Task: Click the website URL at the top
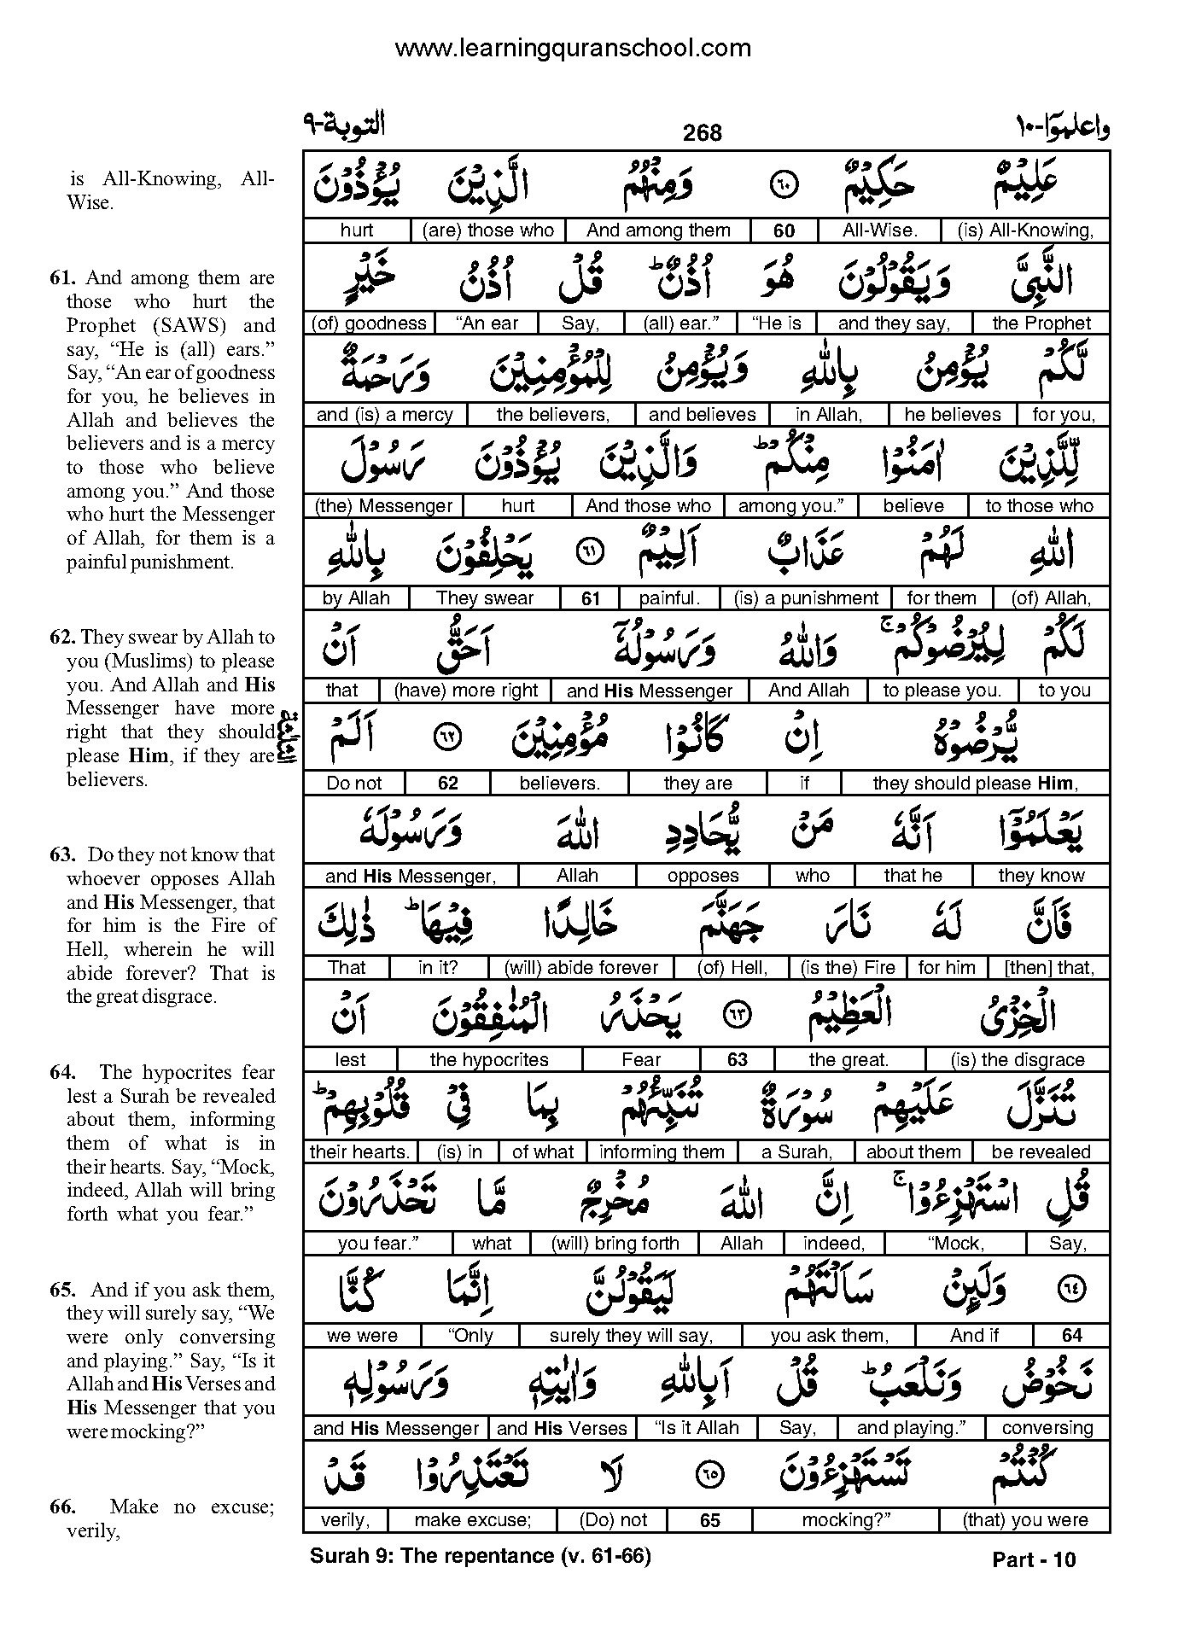tap(573, 48)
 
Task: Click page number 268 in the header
tap(702, 132)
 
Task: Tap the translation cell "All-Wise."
tap(878, 230)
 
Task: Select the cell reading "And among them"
tap(658, 230)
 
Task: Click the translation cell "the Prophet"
tap(1041, 323)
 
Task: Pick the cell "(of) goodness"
tap(369, 323)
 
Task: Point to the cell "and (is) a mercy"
tap(384, 415)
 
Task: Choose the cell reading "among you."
tap(790, 506)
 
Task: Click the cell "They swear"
tap(485, 598)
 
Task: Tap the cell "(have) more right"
tap(466, 691)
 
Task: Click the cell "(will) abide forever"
tap(581, 968)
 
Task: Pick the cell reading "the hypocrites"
tap(488, 1060)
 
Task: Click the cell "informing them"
tap(662, 1152)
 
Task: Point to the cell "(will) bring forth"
tap(615, 1244)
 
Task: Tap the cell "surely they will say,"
tap(631, 1336)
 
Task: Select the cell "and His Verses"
tap(562, 1428)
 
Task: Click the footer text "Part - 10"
tap(1034, 1560)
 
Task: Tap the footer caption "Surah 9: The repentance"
tap(432, 1556)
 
